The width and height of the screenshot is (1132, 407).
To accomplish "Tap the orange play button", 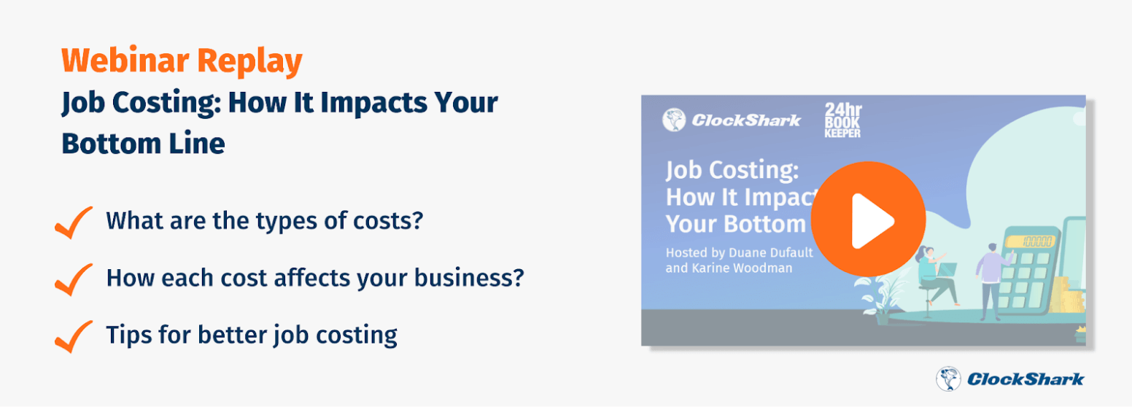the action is pos(868,219).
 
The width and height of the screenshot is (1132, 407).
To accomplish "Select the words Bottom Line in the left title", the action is pos(143,143).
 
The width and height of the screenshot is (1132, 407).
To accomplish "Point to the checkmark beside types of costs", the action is pos(74,222).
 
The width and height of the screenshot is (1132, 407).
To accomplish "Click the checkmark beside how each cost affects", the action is pos(74,279).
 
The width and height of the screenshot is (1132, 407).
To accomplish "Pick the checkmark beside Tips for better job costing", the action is pos(74,337).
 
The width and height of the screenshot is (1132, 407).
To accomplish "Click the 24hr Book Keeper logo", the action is pos(842,120).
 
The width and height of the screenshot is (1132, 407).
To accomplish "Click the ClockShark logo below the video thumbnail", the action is pos(1009,379).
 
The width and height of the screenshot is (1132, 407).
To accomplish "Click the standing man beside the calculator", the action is pos(993,282).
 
